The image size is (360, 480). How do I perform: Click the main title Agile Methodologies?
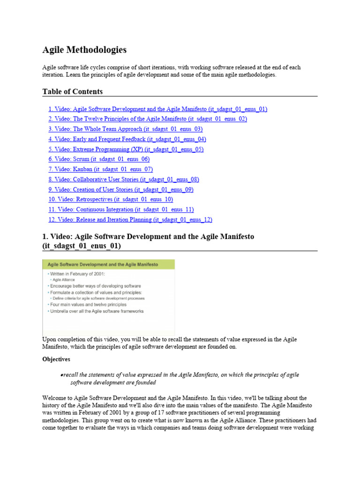(84, 50)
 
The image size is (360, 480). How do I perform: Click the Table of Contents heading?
(73, 91)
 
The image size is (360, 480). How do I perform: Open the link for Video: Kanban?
(100, 169)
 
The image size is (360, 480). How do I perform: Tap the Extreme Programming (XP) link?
(126, 149)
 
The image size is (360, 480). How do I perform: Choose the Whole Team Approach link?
(125, 129)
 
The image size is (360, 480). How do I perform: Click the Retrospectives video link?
(111, 199)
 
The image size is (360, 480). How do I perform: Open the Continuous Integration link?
(121, 210)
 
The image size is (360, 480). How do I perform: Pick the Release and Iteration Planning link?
(130, 219)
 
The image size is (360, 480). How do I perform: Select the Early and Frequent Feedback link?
(127, 139)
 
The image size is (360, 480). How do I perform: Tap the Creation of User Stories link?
(120, 189)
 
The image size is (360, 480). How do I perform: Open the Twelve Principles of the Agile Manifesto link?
(147, 119)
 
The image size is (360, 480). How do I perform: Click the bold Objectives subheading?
(56, 359)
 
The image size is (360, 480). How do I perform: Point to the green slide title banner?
(108, 264)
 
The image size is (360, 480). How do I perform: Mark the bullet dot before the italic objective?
(62, 375)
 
